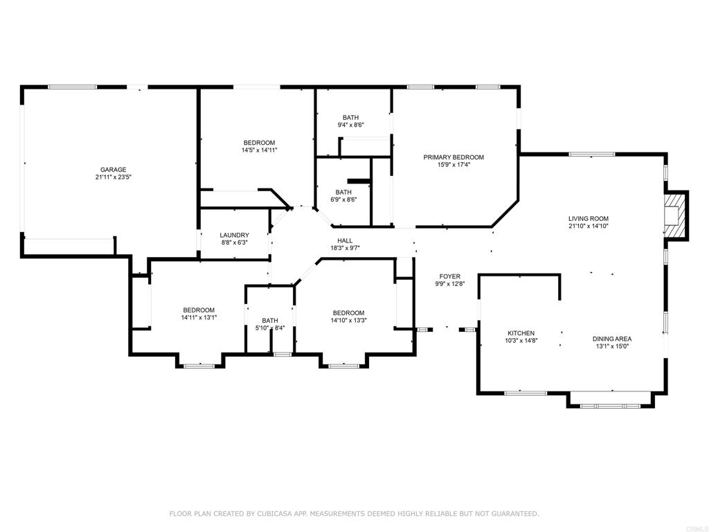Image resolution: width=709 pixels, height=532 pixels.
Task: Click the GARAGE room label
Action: click(x=113, y=170)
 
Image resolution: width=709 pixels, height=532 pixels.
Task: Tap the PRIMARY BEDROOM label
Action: click(x=454, y=157)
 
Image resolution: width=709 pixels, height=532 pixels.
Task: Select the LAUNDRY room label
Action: click(x=234, y=236)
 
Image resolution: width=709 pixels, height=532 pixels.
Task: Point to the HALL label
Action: click(x=345, y=240)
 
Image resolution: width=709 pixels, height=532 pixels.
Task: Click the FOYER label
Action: click(x=450, y=276)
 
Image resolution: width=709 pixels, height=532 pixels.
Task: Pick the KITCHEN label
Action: click(x=521, y=333)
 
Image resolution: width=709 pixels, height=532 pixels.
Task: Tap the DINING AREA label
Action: click(x=612, y=339)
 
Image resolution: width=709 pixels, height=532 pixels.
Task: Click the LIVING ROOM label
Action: click(x=589, y=218)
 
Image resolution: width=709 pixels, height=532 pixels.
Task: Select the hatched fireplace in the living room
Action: click(x=674, y=215)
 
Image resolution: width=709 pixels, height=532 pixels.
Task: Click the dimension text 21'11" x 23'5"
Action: click(x=113, y=177)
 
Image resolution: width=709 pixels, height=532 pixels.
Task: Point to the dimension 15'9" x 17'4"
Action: click(x=454, y=165)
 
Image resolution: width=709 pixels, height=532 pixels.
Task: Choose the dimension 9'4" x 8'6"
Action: click(x=351, y=125)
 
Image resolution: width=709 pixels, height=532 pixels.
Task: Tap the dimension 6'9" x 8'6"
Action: click(x=343, y=199)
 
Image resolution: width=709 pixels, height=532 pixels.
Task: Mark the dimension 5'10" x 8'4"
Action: click(x=270, y=328)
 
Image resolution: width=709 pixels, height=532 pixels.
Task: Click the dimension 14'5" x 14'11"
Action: click(x=259, y=150)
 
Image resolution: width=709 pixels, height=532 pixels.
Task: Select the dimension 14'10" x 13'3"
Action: click(x=349, y=320)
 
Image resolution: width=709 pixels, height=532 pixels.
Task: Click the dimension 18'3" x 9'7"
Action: click(x=345, y=248)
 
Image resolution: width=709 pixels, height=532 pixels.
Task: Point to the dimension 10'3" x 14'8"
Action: click(x=521, y=341)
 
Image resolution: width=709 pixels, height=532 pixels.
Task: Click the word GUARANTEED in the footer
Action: click(x=515, y=514)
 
